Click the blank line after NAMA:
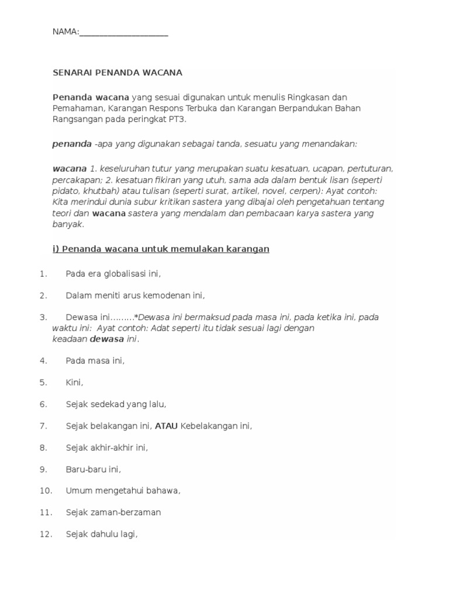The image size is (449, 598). coord(123,33)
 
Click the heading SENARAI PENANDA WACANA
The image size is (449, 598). coord(118,73)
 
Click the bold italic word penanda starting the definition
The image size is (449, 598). coord(72,144)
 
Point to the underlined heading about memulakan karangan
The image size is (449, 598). coord(161,249)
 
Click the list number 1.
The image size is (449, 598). coord(43,273)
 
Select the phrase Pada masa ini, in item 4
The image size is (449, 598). coord(95,361)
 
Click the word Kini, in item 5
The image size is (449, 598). coord(75,383)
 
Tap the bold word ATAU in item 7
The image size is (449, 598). coord(166,426)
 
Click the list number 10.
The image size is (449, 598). coord(46,491)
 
